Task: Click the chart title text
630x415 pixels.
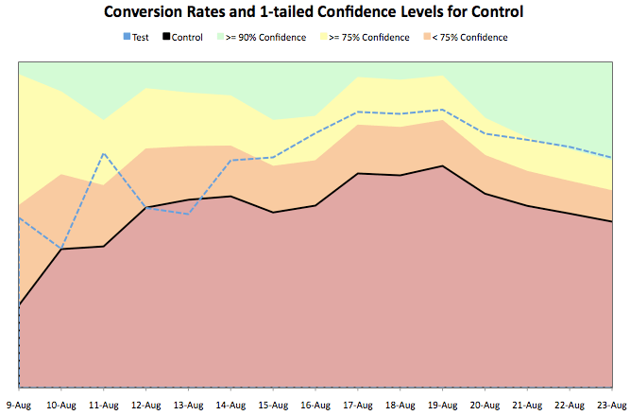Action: coord(315,12)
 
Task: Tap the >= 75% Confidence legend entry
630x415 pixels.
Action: coord(370,38)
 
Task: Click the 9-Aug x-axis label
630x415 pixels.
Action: coord(19,405)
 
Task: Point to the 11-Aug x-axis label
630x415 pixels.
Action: coord(103,405)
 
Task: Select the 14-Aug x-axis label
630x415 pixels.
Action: coord(230,405)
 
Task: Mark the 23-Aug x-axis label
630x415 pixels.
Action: coord(609,405)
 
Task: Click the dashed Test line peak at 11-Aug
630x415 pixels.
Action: coord(104,153)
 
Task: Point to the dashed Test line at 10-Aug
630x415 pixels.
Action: coord(61,249)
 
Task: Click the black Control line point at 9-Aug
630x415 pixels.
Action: coord(20,304)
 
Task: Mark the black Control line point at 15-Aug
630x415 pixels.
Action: coord(273,213)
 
